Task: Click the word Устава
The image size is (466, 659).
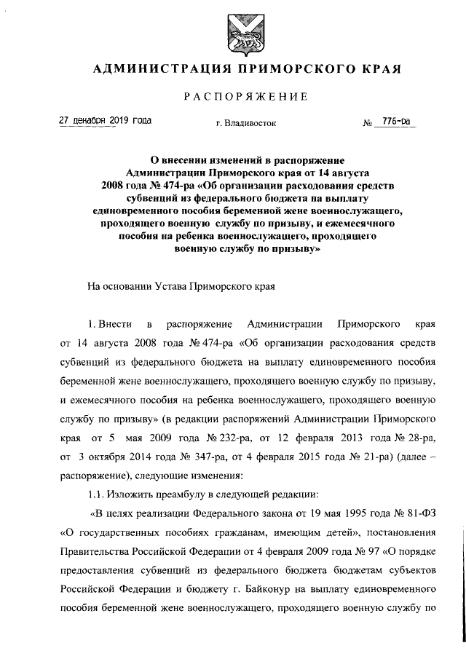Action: click(x=167, y=287)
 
